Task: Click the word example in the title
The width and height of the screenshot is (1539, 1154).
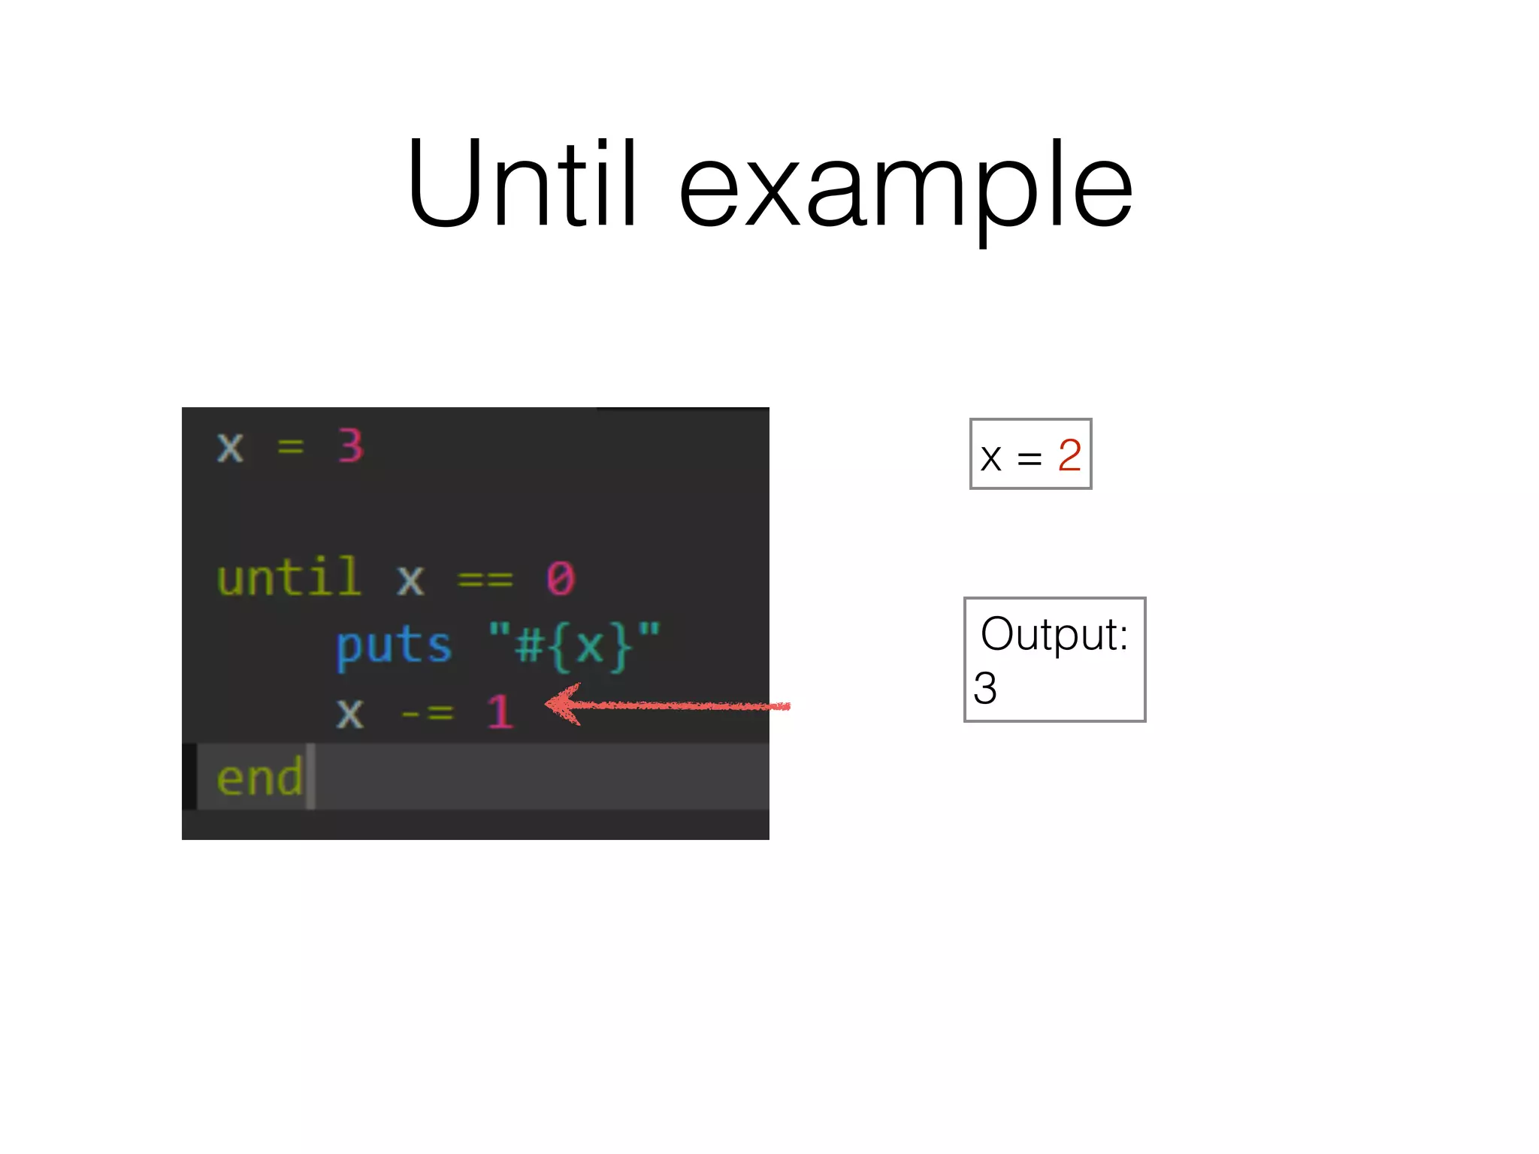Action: point(906,188)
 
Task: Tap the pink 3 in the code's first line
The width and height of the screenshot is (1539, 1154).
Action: point(350,446)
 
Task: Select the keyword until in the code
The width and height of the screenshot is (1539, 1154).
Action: point(289,578)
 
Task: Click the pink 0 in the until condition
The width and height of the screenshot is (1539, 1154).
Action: point(561,579)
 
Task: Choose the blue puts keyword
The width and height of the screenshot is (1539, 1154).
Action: point(393,646)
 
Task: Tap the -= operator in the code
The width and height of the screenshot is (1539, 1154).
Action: point(427,712)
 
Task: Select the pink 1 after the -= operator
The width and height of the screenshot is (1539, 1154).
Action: point(500,711)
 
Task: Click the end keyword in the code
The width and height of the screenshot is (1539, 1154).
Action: point(259,778)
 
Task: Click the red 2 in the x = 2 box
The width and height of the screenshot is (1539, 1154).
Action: point(1069,455)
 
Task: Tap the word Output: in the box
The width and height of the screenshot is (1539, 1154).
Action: point(1054,634)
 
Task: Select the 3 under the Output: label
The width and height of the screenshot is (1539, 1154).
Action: point(985,688)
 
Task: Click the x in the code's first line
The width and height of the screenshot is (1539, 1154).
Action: point(230,448)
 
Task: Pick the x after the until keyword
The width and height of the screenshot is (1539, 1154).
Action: point(410,581)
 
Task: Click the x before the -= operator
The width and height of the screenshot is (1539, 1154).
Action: point(349,713)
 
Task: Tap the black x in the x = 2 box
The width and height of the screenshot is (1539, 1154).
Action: point(991,458)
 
